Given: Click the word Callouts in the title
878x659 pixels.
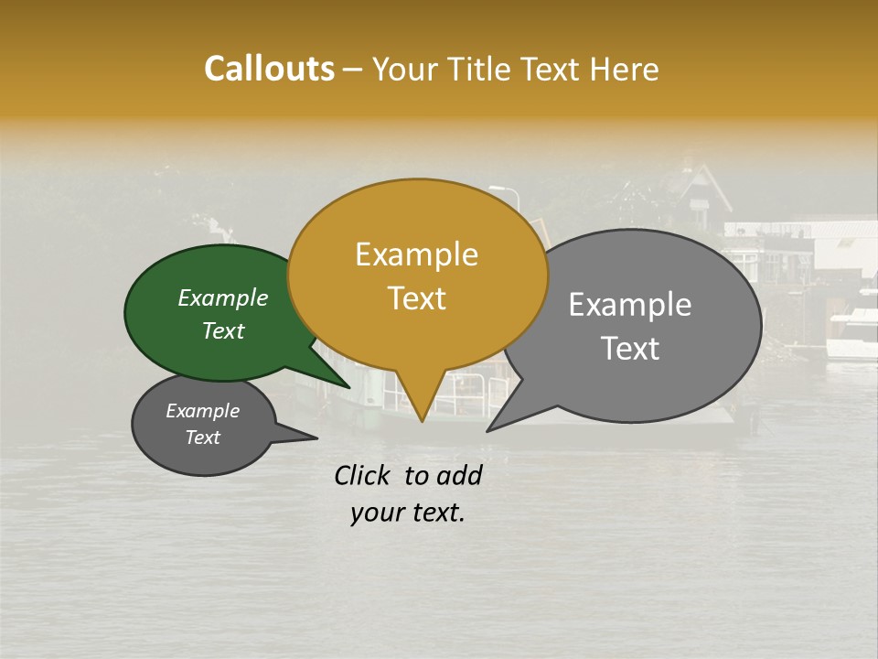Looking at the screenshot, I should pyautogui.click(x=269, y=69).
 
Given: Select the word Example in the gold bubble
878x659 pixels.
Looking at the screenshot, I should pyautogui.click(x=416, y=254).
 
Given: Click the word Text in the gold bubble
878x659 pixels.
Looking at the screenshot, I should pyautogui.click(x=416, y=297).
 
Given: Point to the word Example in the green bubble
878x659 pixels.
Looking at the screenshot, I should pyautogui.click(x=222, y=297).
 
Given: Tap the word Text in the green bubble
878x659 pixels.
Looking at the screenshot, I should pyautogui.click(x=222, y=330).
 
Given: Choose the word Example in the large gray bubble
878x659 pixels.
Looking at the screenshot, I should pyautogui.click(x=630, y=305).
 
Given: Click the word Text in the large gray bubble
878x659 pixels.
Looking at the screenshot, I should pyautogui.click(x=630, y=348).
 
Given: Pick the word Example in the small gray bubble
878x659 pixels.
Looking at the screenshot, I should pyautogui.click(x=202, y=411).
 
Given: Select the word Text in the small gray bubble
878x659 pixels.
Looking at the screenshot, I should pyautogui.click(x=202, y=438).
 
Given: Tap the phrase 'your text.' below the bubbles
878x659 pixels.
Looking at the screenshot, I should pyautogui.click(x=407, y=513).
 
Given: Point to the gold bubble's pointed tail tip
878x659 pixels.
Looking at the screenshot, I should pyautogui.click(x=422, y=421).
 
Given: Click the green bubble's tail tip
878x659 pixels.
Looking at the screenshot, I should pyautogui.click(x=349, y=387).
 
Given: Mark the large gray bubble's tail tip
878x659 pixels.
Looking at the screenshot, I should pyautogui.click(x=487, y=430).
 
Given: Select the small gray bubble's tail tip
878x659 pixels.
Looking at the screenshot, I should pyautogui.click(x=316, y=438).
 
